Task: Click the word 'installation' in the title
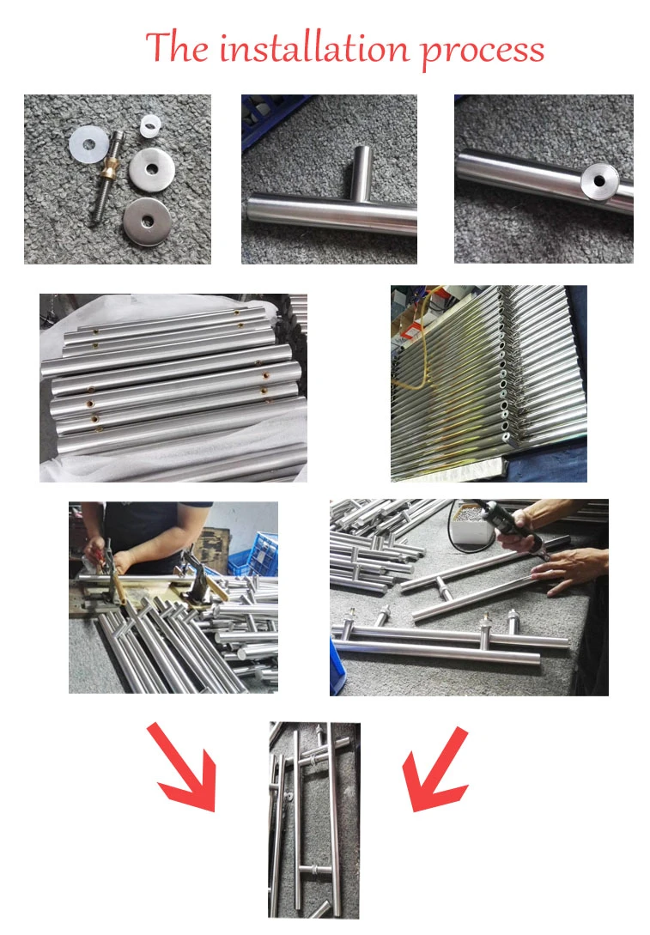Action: tap(314, 48)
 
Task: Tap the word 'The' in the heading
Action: tap(177, 46)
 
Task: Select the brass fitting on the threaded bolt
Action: tap(110, 171)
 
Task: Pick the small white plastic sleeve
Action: tap(151, 126)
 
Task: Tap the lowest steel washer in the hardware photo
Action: tap(147, 222)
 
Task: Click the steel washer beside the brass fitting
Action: tap(151, 169)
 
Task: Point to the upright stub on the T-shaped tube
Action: tap(361, 173)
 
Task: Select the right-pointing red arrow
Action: tap(182, 766)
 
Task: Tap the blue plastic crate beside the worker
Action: tap(260, 555)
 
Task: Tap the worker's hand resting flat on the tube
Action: tap(569, 569)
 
